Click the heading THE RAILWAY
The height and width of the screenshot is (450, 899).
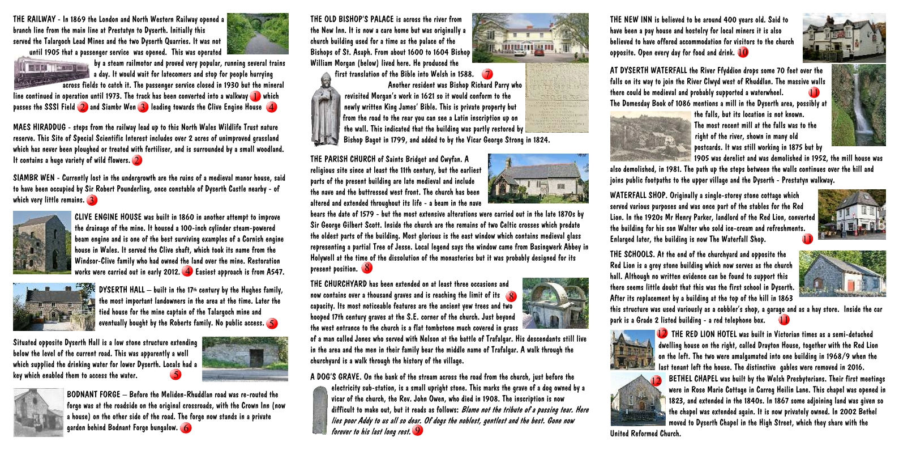(x=34, y=19)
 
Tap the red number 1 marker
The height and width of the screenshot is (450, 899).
(x=255, y=97)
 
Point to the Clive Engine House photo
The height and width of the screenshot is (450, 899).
(x=42, y=243)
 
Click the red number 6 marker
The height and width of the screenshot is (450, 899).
(x=186, y=428)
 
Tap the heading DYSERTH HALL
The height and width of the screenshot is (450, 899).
(x=122, y=290)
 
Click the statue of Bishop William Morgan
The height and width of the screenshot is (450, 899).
(x=325, y=109)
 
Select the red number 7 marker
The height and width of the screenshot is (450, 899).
(x=487, y=74)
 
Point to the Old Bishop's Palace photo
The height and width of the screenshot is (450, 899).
(x=530, y=37)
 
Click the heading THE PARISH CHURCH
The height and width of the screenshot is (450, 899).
(x=349, y=159)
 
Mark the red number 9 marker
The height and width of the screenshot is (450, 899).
(x=418, y=430)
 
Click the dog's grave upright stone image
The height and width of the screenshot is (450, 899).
(x=320, y=410)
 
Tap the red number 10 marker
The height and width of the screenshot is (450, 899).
(x=743, y=53)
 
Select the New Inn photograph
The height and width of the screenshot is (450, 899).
(x=844, y=39)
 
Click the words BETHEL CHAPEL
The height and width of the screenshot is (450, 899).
(x=693, y=379)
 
